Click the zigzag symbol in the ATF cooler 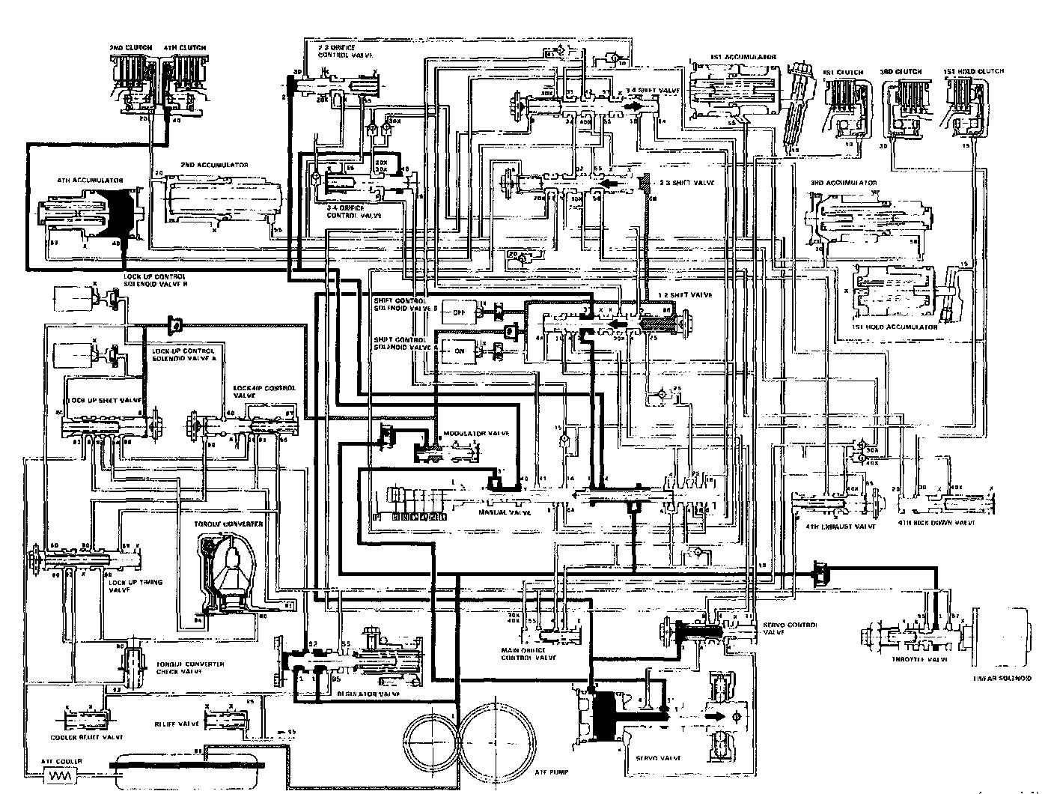click(55, 778)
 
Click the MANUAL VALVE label click(505, 513)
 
